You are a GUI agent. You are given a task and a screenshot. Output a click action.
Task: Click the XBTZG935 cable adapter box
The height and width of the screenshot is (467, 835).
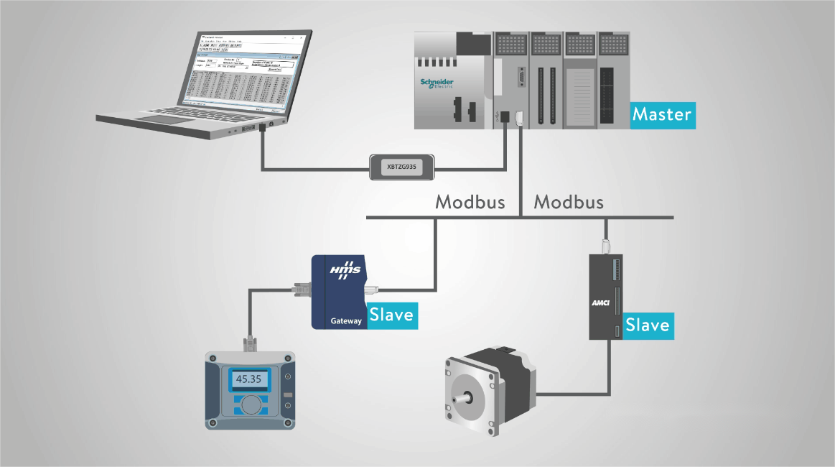pyautogui.click(x=402, y=166)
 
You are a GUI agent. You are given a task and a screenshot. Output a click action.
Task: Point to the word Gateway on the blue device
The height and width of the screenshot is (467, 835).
pyautogui.click(x=346, y=321)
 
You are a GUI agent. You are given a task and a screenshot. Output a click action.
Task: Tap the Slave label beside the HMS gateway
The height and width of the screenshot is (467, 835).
pyautogui.click(x=391, y=315)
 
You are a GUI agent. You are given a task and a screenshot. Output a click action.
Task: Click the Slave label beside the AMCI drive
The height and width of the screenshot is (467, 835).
pyautogui.click(x=647, y=325)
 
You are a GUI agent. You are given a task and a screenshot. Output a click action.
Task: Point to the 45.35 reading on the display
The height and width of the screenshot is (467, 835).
pyautogui.click(x=248, y=379)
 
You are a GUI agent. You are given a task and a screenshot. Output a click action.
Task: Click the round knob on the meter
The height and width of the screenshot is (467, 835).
pyautogui.click(x=249, y=405)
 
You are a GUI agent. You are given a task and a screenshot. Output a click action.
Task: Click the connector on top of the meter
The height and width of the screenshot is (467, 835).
pyautogui.click(x=249, y=343)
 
